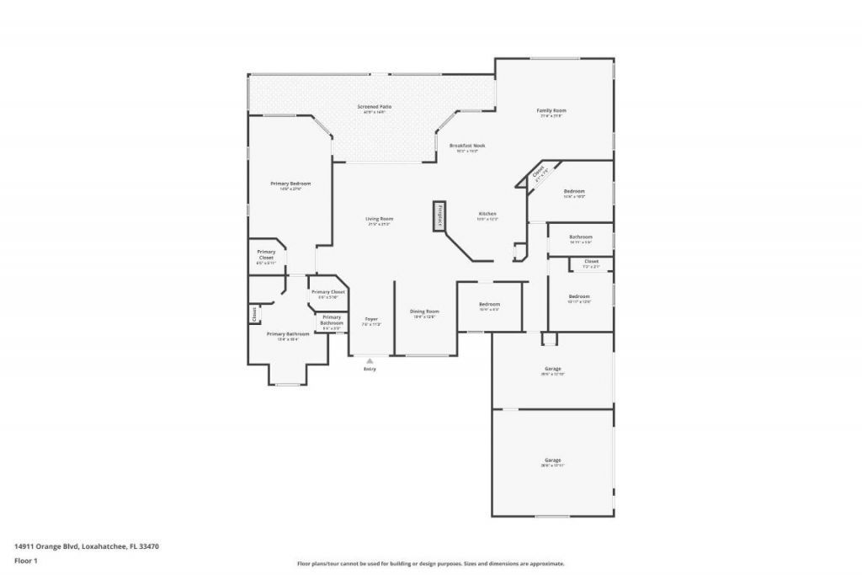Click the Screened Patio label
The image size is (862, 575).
pos(374,107)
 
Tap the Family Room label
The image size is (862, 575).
pos(551,110)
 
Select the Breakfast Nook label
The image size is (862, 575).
pos(466,146)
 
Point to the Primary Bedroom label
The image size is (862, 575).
pos(290,184)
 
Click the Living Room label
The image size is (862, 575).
pos(380,219)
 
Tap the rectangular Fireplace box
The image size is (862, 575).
pos(439,216)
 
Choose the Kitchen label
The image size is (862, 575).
pos(488,214)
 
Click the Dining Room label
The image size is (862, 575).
pos(424,311)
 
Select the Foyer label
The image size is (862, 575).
pos(371,319)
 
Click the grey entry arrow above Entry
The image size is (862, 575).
pos(370,361)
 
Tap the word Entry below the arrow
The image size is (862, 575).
pos(370,370)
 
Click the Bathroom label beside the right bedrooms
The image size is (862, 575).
pos(581,237)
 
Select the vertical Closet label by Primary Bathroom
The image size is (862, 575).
pos(253,314)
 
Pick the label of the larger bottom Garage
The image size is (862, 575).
pos(552,461)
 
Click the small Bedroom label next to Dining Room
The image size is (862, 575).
pos(489,304)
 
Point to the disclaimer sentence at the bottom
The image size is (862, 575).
pos(430,564)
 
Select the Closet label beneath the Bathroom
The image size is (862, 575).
pos(591,262)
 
